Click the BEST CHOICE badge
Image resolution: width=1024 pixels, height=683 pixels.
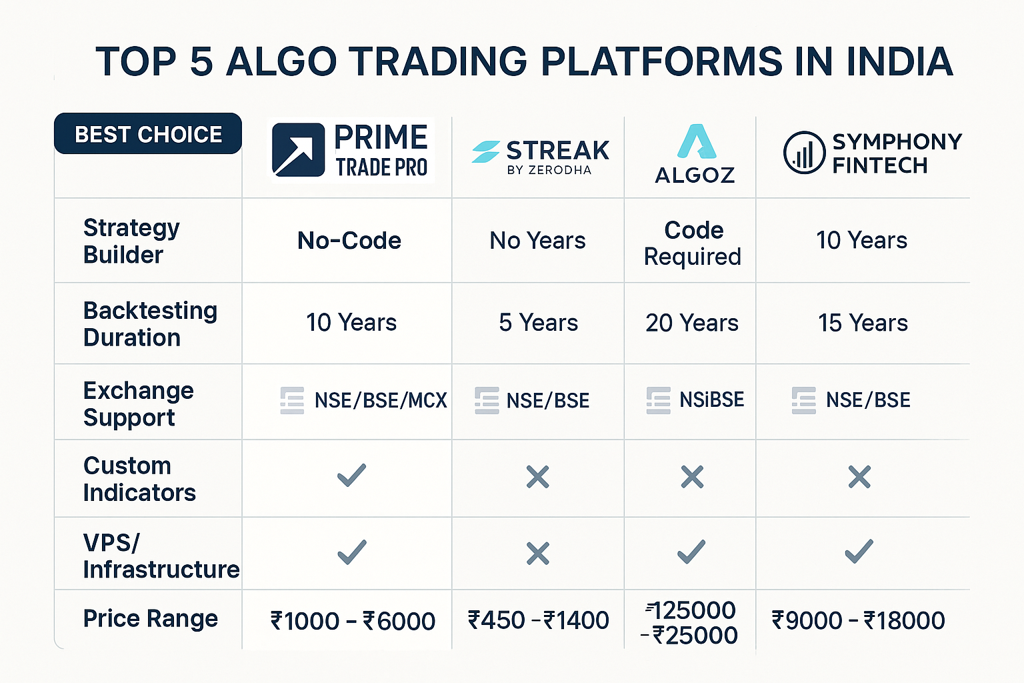click(147, 133)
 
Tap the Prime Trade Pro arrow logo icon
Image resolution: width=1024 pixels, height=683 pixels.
click(298, 150)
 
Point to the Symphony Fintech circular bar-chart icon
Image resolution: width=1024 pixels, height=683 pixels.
click(804, 153)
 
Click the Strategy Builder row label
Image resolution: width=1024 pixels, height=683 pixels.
click(131, 241)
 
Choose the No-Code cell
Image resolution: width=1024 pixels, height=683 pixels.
click(349, 241)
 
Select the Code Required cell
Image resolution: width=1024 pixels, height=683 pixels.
click(693, 243)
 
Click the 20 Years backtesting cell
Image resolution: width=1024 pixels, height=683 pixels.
click(692, 323)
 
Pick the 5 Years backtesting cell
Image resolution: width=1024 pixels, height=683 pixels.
click(539, 323)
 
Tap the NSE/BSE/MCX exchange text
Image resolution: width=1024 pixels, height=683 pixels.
click(381, 400)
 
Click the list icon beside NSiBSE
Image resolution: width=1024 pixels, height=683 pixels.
click(658, 400)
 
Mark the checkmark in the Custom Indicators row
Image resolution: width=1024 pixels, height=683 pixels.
click(351, 476)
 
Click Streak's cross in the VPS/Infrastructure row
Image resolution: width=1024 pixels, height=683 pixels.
click(537, 554)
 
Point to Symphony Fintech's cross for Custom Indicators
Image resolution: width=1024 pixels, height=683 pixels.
click(859, 477)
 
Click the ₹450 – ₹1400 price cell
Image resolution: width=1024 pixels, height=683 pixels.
click(539, 621)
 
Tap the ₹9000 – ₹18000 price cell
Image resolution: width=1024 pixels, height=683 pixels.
click(859, 621)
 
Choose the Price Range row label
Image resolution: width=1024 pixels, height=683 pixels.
click(151, 619)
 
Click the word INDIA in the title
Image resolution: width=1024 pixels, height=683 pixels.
click(899, 61)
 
